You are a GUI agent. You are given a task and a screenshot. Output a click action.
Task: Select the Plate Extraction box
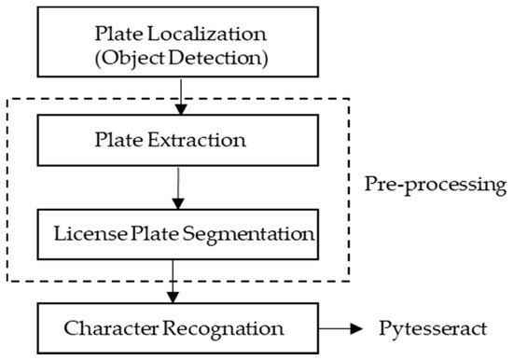(x=172, y=142)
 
